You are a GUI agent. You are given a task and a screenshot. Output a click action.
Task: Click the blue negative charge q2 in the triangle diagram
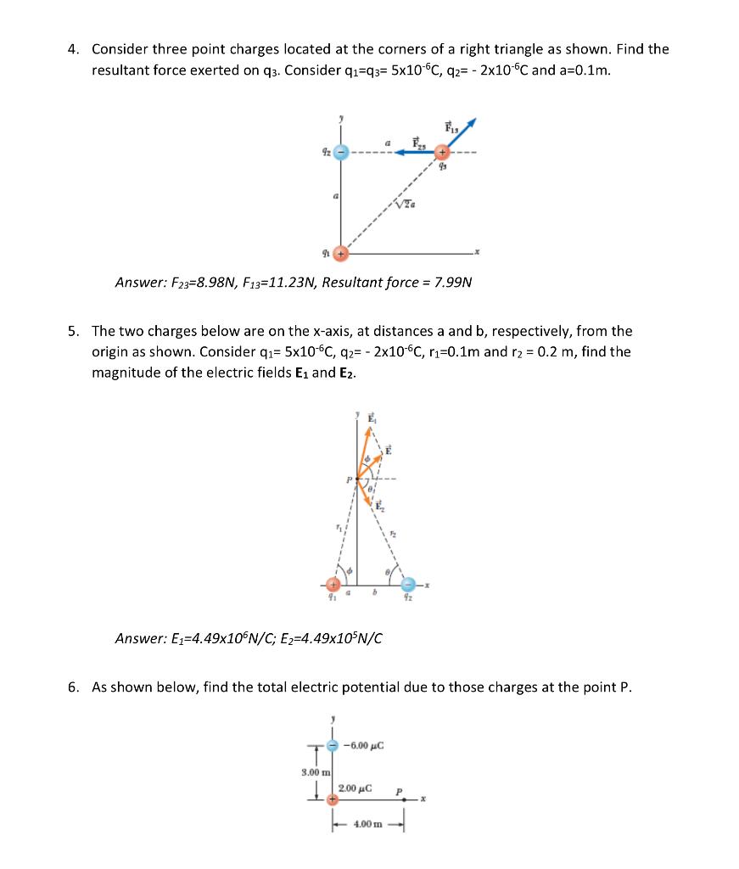tap(340, 153)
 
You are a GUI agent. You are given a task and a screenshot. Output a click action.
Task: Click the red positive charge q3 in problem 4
tap(442, 153)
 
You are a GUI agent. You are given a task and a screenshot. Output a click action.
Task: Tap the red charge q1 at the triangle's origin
tap(341, 254)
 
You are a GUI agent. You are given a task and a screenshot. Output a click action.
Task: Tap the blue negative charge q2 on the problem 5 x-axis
tap(409, 585)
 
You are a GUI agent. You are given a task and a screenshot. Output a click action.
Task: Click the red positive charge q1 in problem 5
tap(336, 585)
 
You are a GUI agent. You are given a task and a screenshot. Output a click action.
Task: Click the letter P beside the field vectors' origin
tap(348, 480)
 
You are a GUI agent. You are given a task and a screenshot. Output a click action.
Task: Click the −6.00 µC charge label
tap(365, 746)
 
